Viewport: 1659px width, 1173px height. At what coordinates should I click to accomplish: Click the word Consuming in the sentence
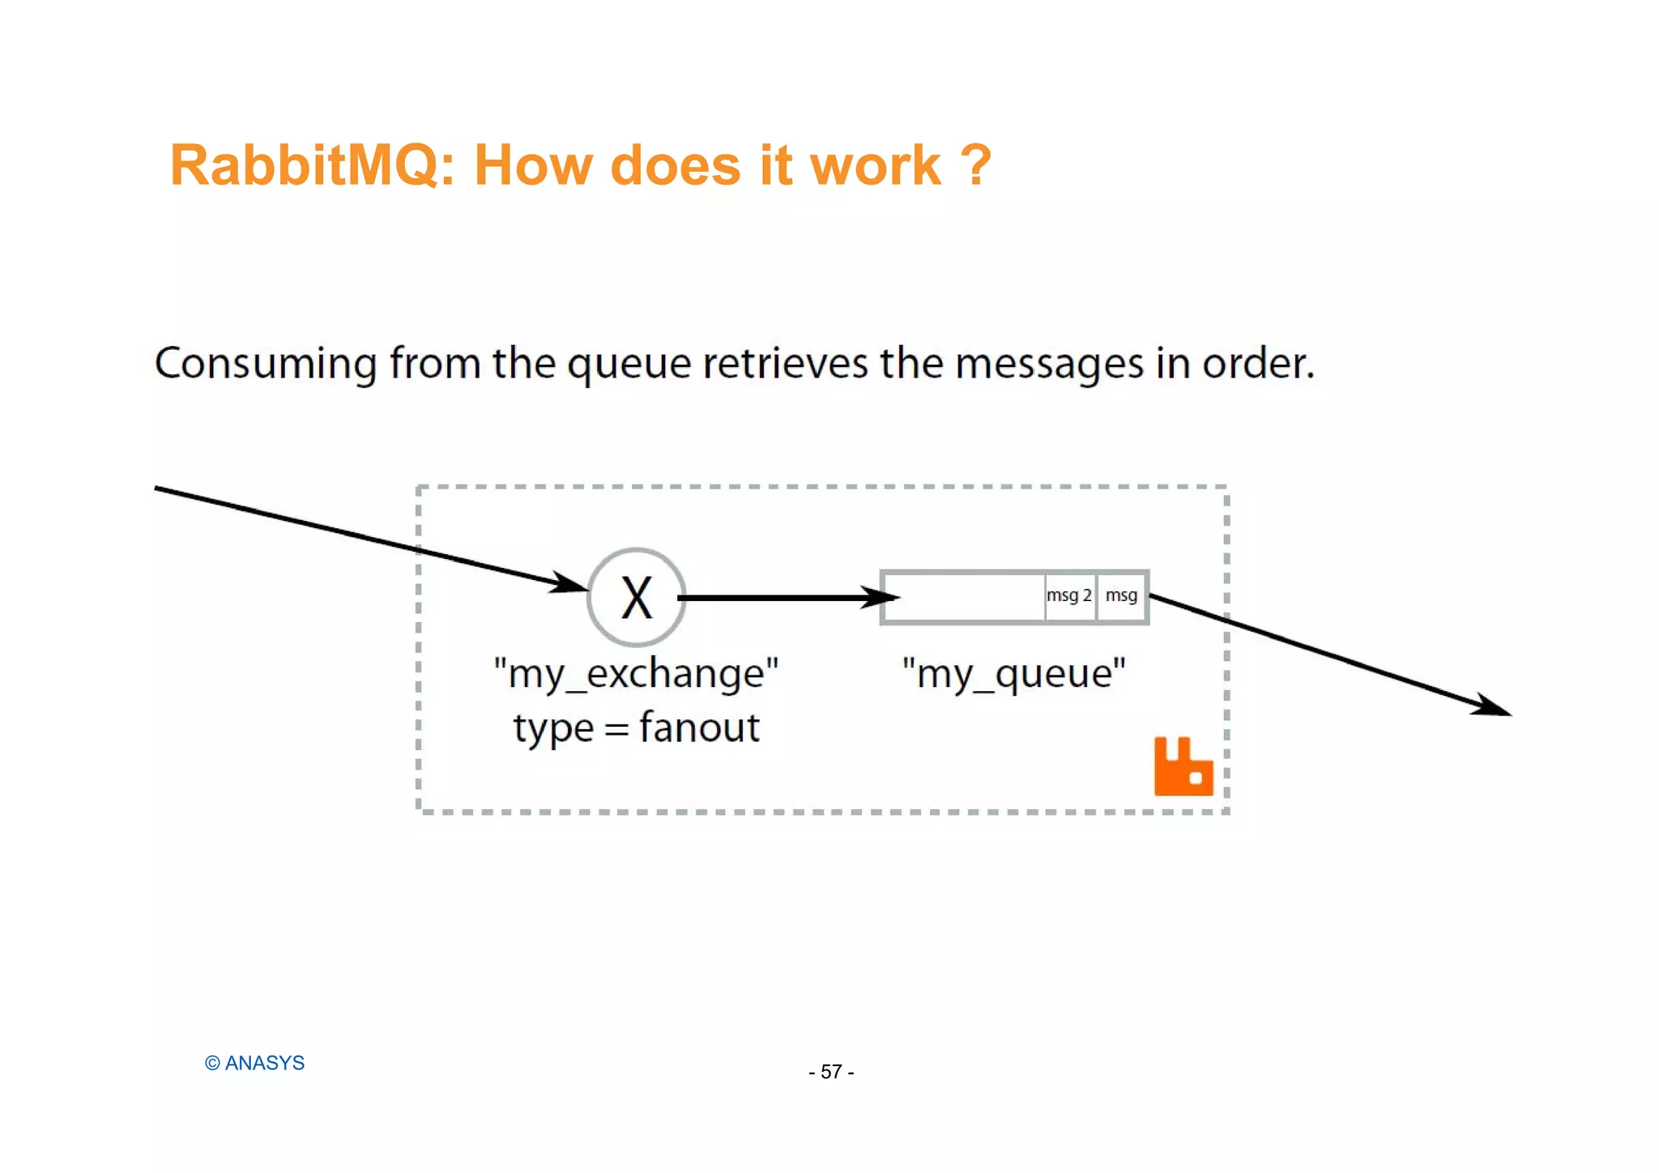[x=266, y=363]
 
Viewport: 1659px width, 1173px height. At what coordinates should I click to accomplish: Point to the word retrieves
[x=785, y=363]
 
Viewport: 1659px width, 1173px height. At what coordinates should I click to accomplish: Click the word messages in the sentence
[x=1049, y=365]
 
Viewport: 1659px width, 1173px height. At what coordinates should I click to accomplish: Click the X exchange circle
[x=637, y=598]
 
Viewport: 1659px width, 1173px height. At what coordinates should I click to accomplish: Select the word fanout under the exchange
[x=700, y=727]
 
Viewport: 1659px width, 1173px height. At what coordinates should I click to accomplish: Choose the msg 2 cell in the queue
[x=1069, y=596]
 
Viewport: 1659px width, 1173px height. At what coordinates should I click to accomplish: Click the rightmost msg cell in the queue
[x=1122, y=596]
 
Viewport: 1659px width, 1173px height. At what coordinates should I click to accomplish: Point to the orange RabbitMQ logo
[x=1183, y=767]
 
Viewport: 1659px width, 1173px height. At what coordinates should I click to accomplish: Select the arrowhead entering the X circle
[x=570, y=583]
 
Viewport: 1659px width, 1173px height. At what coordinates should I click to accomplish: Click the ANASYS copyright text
[x=255, y=1063]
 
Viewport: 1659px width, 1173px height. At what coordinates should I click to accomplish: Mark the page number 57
[x=831, y=1072]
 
